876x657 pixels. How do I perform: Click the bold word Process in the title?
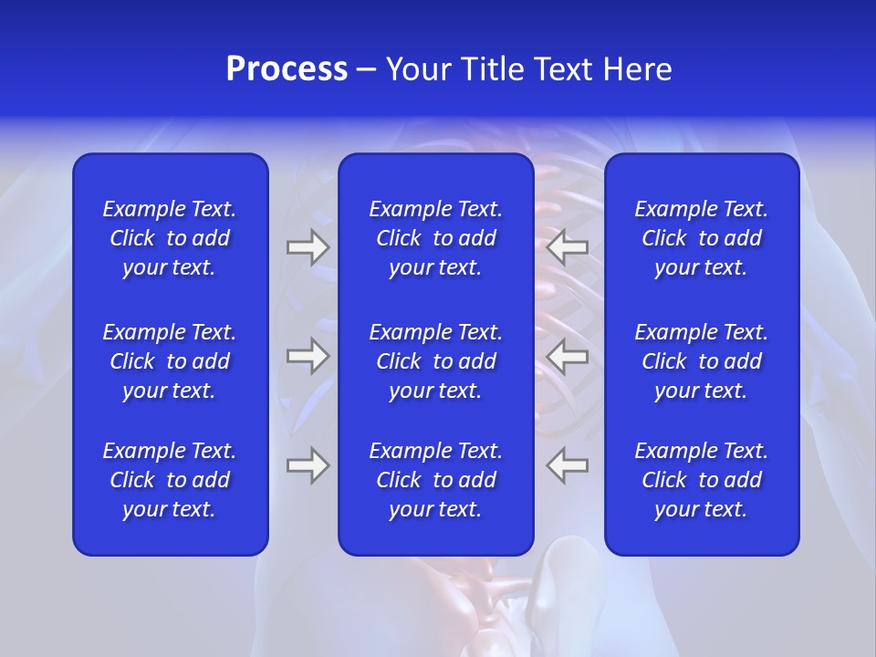coord(287,69)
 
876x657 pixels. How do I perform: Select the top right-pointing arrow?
coord(308,247)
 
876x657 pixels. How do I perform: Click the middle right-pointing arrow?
coord(308,356)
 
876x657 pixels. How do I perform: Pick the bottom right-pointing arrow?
coord(308,465)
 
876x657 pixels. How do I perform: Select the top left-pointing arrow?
coord(567,247)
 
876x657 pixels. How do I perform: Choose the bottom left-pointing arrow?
coord(567,465)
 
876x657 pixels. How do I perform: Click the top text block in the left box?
coord(170,238)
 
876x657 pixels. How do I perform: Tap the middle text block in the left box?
coord(170,361)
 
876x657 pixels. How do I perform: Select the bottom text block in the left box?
coord(170,480)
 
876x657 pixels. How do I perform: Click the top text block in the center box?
coord(436,238)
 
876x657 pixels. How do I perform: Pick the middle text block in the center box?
coord(436,361)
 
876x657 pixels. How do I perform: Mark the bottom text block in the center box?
coord(436,480)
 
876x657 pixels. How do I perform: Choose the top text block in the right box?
coord(702,238)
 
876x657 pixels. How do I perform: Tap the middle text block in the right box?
coord(702,361)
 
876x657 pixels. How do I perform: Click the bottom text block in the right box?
coord(702,480)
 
